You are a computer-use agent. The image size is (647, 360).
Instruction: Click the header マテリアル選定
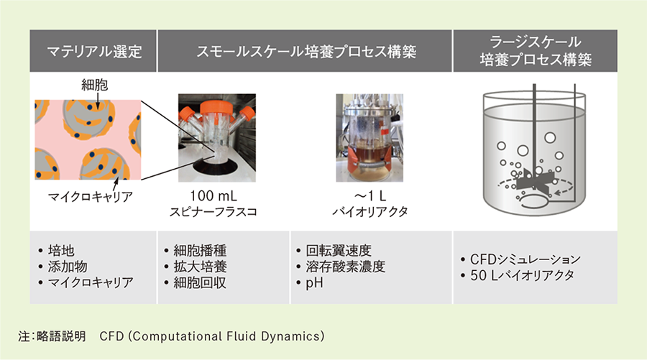point(94,52)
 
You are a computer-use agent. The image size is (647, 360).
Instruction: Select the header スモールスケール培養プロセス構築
point(306,52)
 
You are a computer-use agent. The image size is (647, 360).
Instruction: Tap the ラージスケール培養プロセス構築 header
point(535,51)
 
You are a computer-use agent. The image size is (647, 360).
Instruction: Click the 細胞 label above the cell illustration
point(94,85)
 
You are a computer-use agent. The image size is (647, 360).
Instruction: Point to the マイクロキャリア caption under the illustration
point(91,197)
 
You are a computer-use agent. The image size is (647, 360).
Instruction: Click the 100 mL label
point(214,195)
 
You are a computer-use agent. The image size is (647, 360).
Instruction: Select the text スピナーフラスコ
point(214,211)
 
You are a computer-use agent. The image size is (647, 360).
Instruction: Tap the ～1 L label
point(370,195)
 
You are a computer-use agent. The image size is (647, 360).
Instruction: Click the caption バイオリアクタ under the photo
point(370,211)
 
